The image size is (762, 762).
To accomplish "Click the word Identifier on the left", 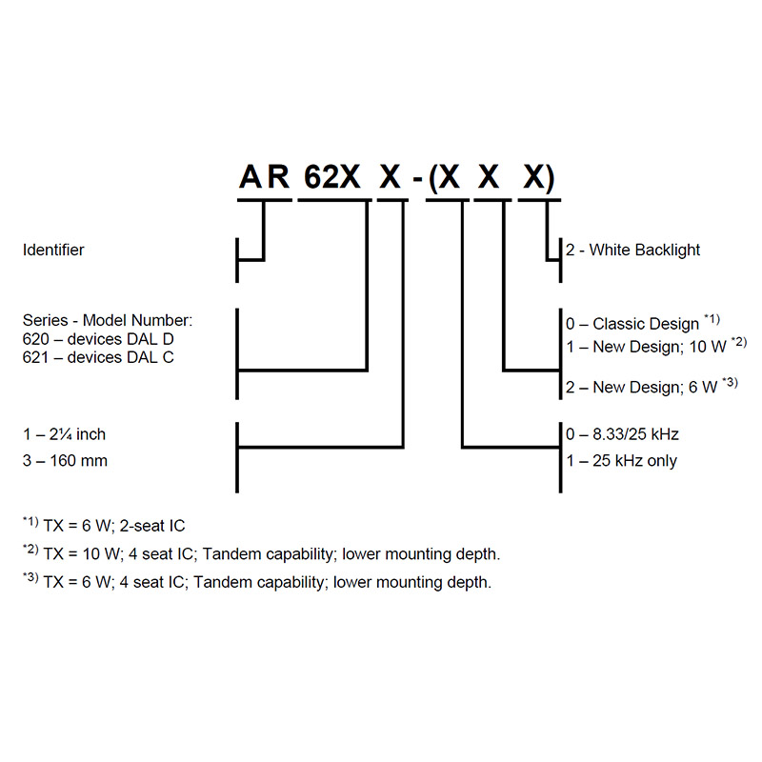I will coord(53,251).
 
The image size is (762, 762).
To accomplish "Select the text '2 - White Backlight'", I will coord(632,251).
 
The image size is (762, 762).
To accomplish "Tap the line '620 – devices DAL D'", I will coord(98,338).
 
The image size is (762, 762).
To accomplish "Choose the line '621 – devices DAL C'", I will coord(98,358).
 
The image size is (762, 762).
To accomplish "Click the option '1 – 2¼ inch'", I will coord(64,434).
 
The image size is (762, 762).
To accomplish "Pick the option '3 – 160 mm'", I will coord(65,461).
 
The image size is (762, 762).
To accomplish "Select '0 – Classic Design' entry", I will coord(632,324).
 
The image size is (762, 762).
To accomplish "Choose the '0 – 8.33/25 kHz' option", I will coord(622,434).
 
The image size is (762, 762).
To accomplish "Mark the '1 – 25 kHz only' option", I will coord(621,461).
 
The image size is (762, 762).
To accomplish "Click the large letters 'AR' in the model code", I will coord(264,178).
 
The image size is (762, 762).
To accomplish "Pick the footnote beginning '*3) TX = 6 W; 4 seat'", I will coord(256,582).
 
